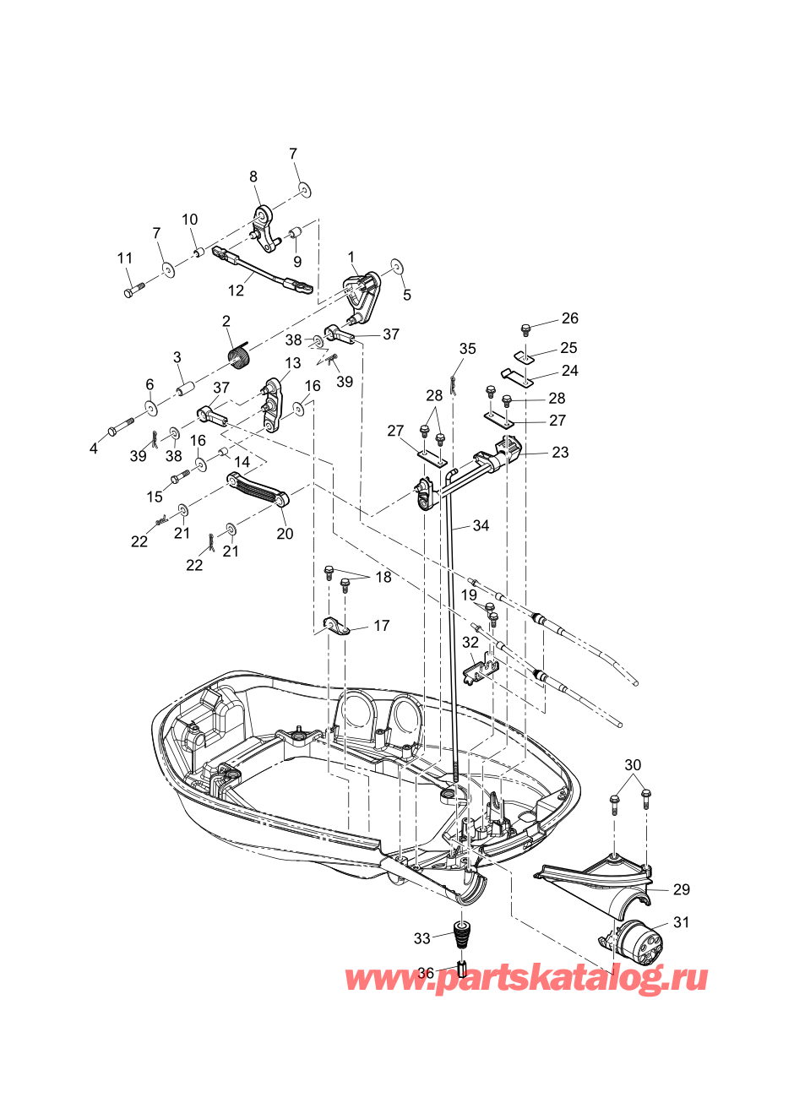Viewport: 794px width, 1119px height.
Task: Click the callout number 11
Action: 124,258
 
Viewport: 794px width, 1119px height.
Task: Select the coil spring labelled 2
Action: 240,356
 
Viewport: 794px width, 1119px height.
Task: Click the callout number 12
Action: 236,290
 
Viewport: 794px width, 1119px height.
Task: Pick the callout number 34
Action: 481,525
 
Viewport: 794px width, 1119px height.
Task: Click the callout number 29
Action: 682,889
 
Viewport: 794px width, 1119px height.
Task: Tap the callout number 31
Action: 681,922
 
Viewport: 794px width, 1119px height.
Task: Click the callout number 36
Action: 426,973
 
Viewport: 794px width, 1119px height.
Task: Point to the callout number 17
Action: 381,626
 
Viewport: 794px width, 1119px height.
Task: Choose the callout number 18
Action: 383,577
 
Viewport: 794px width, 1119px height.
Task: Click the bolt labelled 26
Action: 525,329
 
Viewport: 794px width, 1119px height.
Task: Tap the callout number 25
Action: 568,347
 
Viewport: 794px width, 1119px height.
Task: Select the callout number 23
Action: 560,452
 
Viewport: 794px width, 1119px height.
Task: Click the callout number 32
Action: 470,642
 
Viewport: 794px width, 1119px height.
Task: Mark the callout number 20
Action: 285,534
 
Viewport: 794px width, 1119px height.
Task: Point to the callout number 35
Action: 468,349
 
